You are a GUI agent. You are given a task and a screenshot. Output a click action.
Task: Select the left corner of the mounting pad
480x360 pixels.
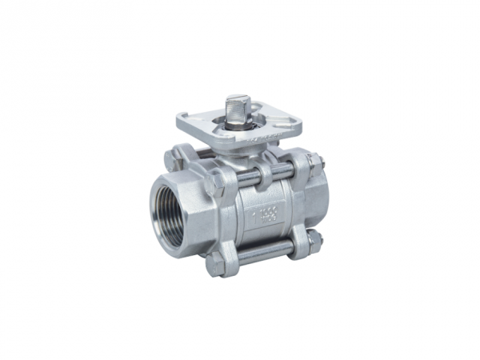click(182, 120)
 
